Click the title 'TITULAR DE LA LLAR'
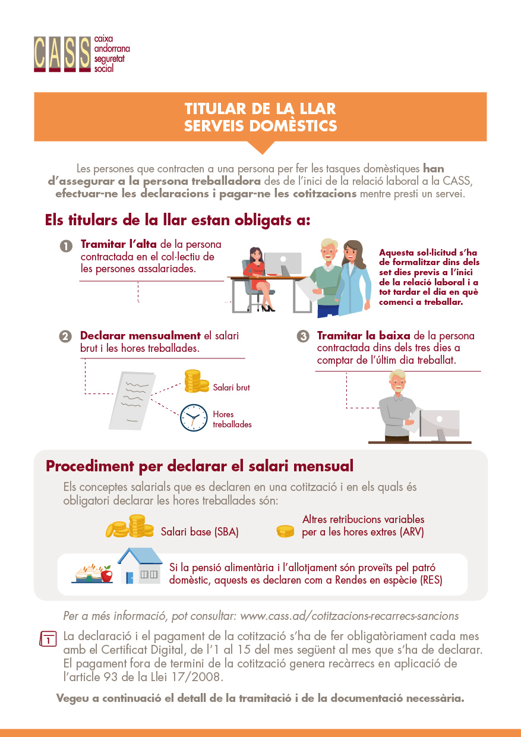click(x=260, y=109)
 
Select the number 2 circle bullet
click(x=65, y=336)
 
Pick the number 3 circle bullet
click(x=303, y=336)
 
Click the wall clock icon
click(x=193, y=417)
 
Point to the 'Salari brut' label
click(x=232, y=388)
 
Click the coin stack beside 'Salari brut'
click(x=194, y=382)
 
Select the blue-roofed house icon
click(x=140, y=566)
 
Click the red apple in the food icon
click(x=107, y=575)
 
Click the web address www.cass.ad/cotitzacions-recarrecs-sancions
click(x=349, y=616)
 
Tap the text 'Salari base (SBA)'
click(x=200, y=532)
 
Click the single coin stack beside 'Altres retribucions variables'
click(x=286, y=531)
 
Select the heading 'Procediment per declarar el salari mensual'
click(x=200, y=465)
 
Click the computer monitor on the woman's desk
click(x=283, y=263)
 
